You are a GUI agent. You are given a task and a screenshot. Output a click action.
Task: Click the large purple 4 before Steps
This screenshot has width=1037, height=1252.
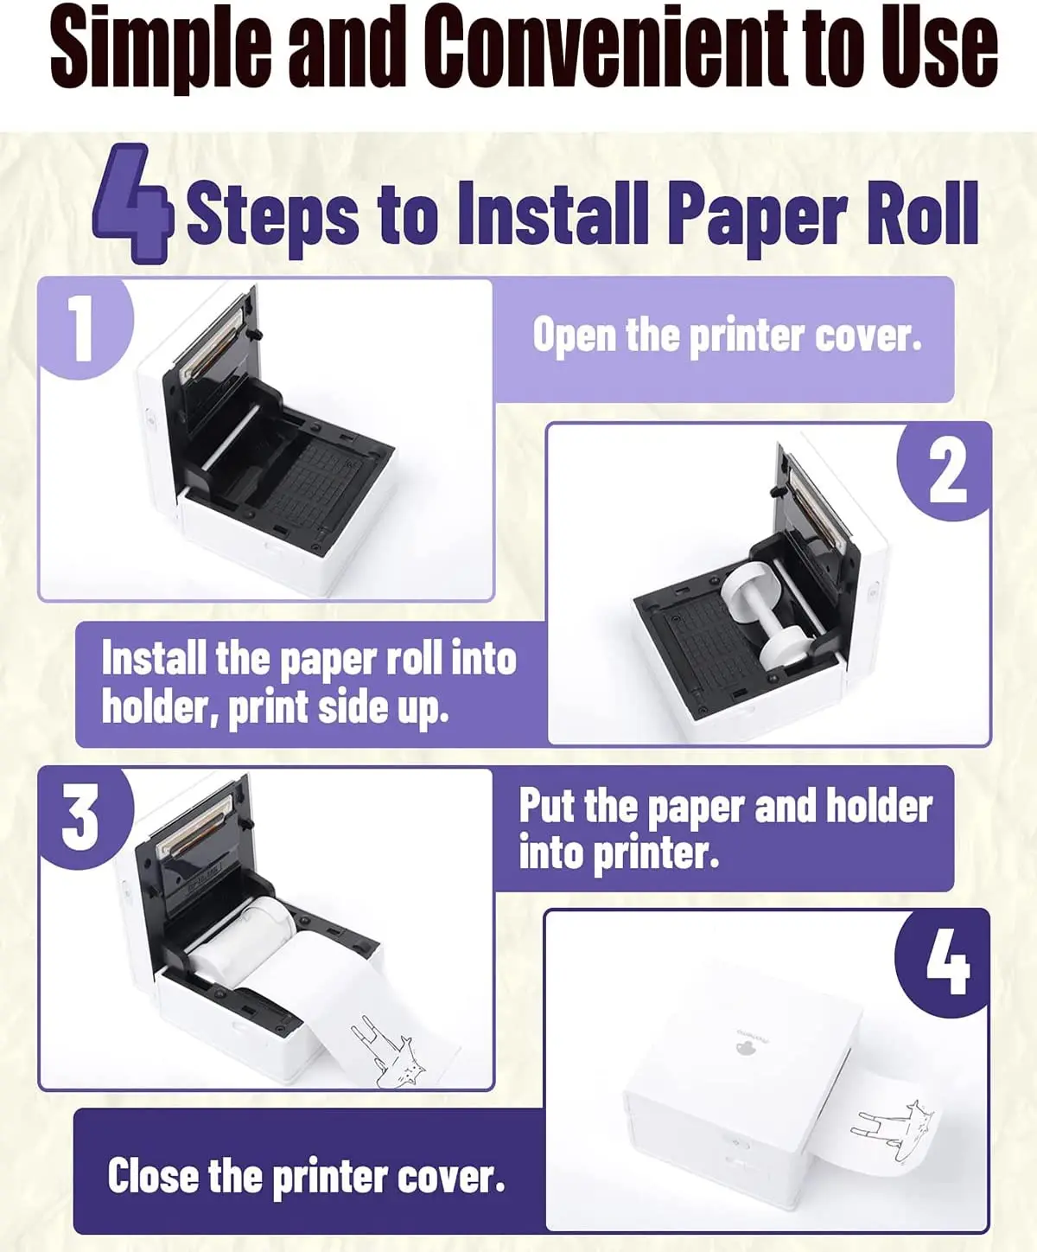coord(133,204)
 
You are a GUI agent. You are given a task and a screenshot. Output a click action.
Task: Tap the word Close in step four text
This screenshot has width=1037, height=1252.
coord(152,1176)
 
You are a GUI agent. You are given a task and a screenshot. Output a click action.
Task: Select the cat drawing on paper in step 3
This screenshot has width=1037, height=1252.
coord(389,1051)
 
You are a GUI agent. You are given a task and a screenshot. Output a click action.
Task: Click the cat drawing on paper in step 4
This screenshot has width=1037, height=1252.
coord(895,1130)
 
